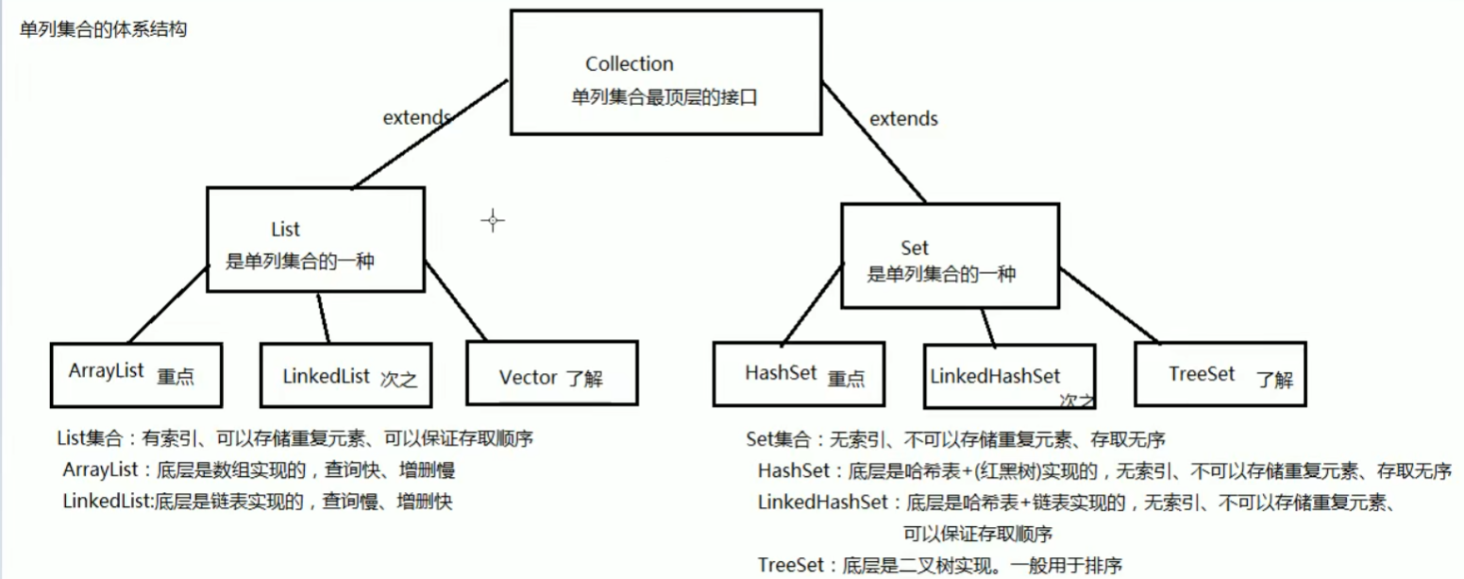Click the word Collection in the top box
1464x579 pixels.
(630, 64)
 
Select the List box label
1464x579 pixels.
(284, 230)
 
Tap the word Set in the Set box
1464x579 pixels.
(915, 248)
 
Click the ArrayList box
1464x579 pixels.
(136, 372)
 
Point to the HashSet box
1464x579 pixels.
(799, 374)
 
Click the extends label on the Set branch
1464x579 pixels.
(903, 119)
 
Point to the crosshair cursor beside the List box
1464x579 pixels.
(492, 221)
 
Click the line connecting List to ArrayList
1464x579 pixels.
(167, 305)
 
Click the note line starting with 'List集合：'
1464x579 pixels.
(302, 439)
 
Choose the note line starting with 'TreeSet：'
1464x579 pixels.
(940, 566)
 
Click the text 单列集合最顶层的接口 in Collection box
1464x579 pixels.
(665, 97)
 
